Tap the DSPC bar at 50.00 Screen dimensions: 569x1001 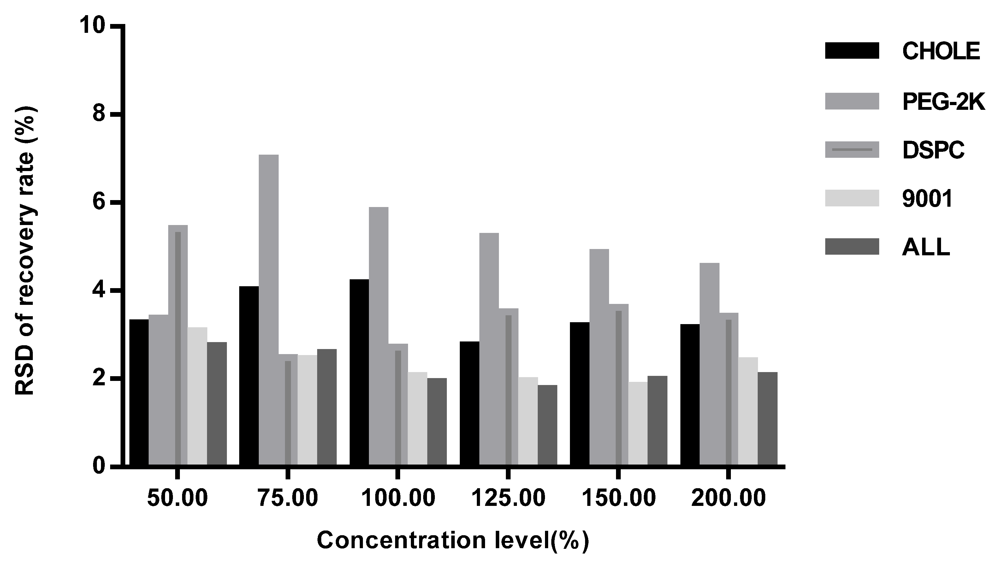(178, 346)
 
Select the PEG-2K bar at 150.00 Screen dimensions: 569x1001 (599, 357)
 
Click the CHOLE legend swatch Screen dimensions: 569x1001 (852, 51)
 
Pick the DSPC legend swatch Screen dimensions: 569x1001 (852, 150)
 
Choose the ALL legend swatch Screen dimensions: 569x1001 (852, 246)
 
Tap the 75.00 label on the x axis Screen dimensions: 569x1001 (288, 499)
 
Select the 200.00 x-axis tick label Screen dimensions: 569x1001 (728, 499)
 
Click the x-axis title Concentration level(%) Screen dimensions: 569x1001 (453, 541)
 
